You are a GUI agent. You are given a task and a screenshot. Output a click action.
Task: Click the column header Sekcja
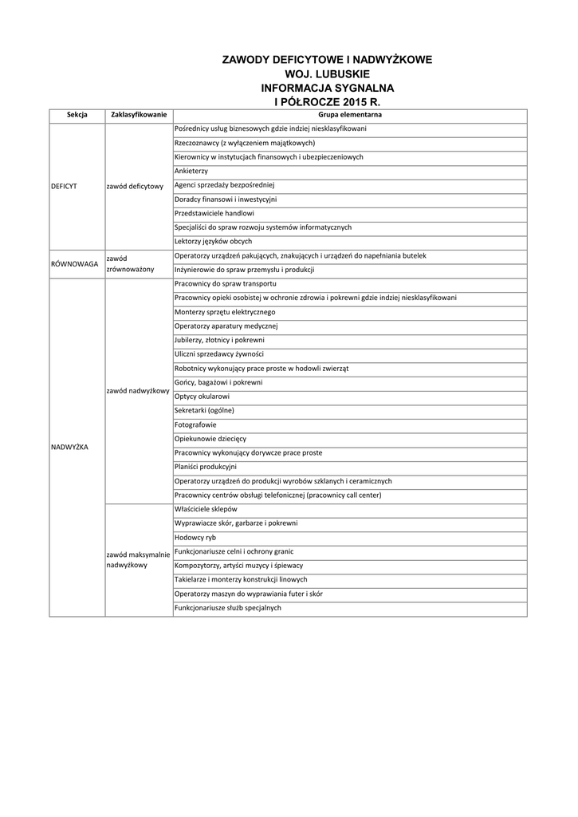77,116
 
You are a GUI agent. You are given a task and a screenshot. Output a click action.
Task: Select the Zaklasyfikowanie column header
139,116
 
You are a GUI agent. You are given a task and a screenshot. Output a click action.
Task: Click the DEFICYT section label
64,186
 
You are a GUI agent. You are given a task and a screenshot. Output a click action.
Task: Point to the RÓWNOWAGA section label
73,263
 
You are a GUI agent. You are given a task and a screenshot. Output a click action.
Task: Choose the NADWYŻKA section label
69,448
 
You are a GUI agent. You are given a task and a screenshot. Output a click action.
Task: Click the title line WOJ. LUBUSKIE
327,73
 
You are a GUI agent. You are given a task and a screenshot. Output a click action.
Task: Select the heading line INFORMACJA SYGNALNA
327,88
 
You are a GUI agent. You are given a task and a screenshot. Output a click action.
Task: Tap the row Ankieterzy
191,172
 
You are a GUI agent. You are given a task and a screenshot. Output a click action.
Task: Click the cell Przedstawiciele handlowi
214,214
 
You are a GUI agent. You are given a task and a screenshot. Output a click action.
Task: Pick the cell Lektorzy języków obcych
213,242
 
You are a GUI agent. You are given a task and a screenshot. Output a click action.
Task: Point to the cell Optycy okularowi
202,397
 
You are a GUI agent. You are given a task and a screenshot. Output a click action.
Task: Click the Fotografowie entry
195,425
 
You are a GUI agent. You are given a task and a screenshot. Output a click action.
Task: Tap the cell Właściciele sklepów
205,509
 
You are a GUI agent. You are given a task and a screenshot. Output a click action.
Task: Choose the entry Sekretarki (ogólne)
204,411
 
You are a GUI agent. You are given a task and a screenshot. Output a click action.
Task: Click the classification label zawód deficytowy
135,187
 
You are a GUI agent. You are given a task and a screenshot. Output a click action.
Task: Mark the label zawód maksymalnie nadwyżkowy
138,559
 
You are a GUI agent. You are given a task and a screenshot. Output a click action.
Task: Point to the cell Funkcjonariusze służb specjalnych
227,608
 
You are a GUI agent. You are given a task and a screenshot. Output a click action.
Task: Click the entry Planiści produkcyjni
205,467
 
